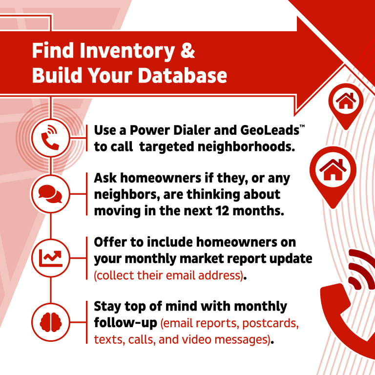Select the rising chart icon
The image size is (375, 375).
pos(51,256)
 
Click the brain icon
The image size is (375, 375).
pos(51,320)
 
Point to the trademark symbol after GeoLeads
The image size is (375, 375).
pos(301,126)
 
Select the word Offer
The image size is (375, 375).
pos(110,242)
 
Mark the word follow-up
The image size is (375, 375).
pos(125,323)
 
